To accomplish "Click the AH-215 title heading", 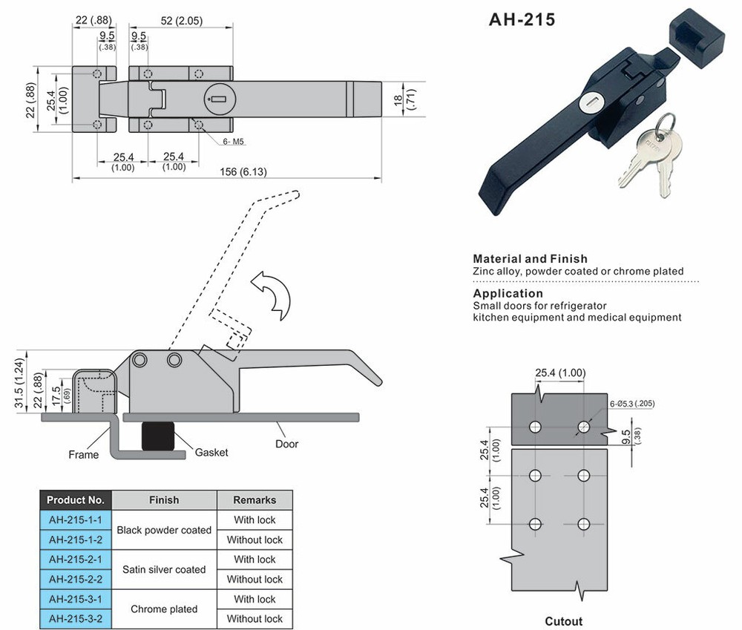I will (x=521, y=19).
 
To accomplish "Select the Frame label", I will (x=83, y=455).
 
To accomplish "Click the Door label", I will (x=286, y=444).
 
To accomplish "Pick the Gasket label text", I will (x=211, y=452).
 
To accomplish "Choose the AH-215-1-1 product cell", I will (x=76, y=520).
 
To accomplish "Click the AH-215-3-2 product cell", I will (x=76, y=619).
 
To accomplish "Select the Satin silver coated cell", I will (x=164, y=569).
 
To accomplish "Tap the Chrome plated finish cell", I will (x=164, y=609).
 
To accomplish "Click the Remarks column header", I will (x=255, y=500).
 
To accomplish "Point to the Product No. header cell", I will (x=76, y=500).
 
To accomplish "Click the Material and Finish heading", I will (x=530, y=259).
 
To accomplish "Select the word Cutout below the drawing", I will (x=563, y=621).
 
